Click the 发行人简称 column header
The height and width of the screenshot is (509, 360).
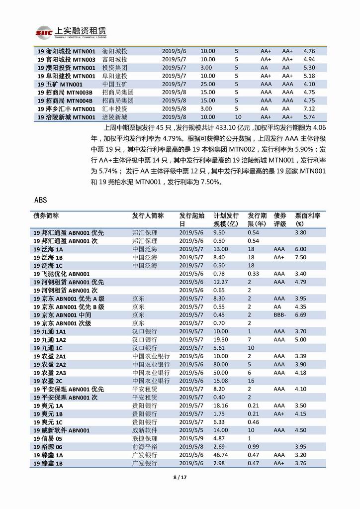tap(148, 215)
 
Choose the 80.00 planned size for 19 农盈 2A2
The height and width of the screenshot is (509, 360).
tap(221, 365)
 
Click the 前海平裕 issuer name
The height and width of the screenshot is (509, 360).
tap(145, 447)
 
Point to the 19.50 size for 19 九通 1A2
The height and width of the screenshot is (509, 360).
tap(221, 339)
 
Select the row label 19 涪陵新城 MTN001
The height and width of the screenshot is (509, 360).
tap(66, 116)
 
